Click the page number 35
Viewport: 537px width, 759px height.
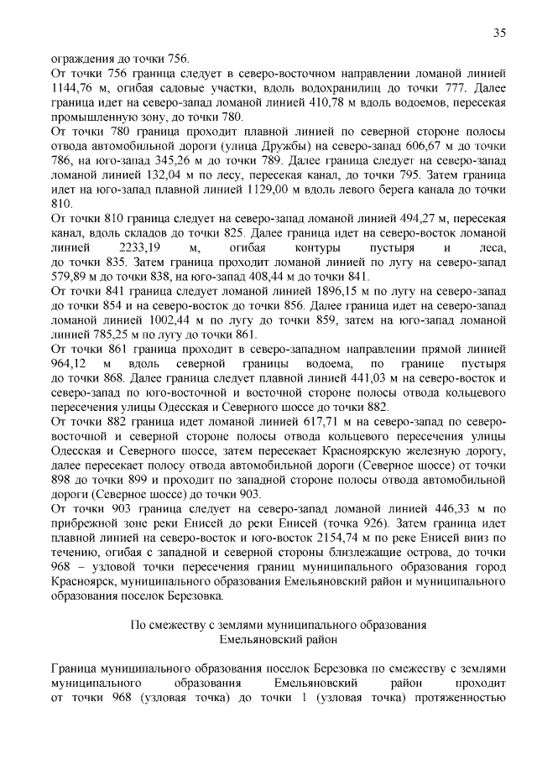pos(498,33)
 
